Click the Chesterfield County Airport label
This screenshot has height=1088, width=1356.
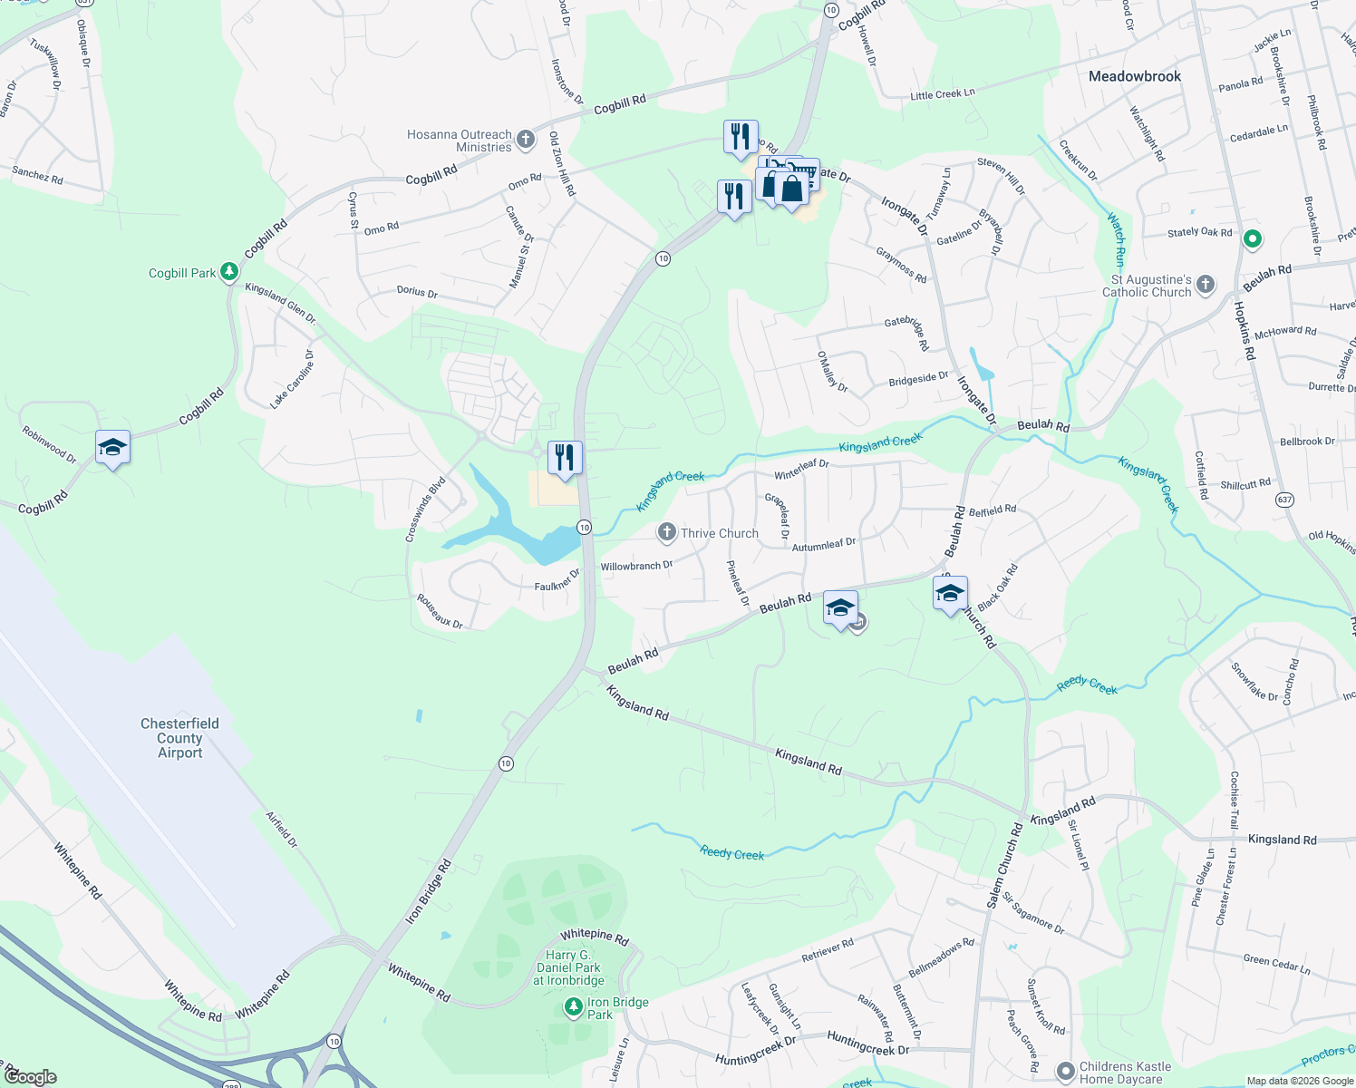[179, 738]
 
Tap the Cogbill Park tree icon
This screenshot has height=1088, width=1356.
[230, 271]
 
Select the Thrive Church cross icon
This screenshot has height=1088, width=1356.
[667, 533]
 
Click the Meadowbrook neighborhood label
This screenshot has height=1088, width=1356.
[1134, 77]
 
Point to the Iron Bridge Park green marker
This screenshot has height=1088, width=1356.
[573, 1007]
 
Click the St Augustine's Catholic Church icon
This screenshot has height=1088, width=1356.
[1206, 285]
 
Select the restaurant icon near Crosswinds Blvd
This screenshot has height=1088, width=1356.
[565, 459]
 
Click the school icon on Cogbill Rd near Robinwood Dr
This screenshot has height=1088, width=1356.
[112, 448]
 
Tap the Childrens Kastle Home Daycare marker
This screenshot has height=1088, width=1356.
[1066, 1072]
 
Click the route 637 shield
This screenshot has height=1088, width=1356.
[1284, 500]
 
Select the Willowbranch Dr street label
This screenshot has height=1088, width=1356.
[636, 566]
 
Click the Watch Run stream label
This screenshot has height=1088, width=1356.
[1117, 238]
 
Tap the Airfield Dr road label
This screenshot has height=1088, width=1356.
[282, 829]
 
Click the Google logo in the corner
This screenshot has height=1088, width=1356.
[30, 1077]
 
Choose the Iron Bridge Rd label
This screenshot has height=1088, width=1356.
[428, 893]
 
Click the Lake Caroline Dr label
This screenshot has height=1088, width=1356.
[293, 379]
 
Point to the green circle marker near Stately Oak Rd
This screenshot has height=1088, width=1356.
[1253, 239]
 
